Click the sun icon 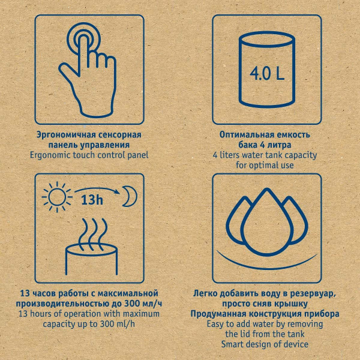coord(57,197)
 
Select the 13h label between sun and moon coord(92,200)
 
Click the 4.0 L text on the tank coord(267,73)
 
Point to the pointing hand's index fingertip coord(83,38)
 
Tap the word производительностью coord(62,304)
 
